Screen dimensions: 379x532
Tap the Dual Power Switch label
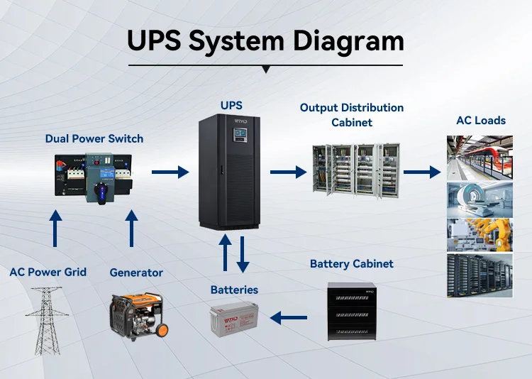94,138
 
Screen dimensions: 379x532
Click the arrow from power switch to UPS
170,172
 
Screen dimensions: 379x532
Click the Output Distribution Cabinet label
352,115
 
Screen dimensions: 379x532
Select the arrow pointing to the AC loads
422,172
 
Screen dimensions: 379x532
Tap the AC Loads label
481,121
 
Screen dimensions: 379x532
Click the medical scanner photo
480,199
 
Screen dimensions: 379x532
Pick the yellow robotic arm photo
480,235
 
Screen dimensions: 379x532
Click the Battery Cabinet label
352,264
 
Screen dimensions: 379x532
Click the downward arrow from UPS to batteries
243,254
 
